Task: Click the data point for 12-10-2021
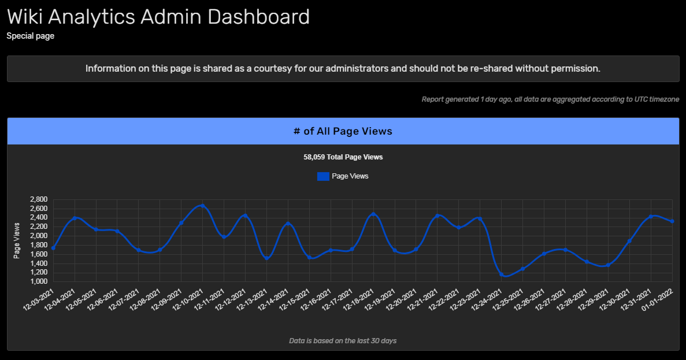coord(203,205)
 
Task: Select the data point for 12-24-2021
coord(502,274)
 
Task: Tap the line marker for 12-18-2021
coord(373,214)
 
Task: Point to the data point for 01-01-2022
coord(672,221)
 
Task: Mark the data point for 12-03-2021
coord(53,248)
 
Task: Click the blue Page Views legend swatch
coord(323,176)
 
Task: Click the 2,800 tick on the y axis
coord(38,200)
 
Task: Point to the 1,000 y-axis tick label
coord(38,281)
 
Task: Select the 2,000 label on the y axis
coord(38,236)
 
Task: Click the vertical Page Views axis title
coord(17,240)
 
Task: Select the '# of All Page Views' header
coord(343,131)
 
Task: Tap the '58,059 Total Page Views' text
coord(343,157)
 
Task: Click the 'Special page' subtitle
coord(30,36)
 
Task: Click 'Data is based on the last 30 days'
coord(343,341)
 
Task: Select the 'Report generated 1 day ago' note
coord(466,99)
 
